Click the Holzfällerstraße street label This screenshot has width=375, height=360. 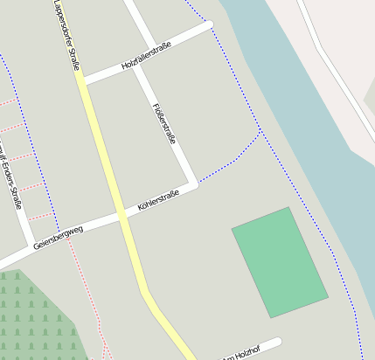[146, 54]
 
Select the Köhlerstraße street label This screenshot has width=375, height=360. [158, 201]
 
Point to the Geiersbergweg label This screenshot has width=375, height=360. [58, 238]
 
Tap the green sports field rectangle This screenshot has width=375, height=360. [280, 262]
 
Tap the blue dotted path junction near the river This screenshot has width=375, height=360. [260, 132]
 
